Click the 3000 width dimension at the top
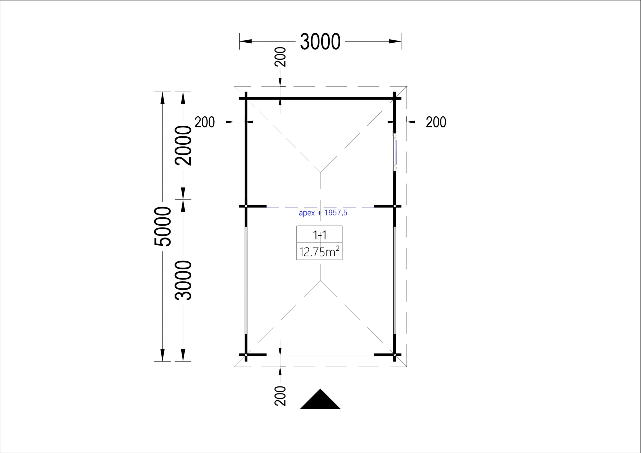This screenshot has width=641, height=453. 320,42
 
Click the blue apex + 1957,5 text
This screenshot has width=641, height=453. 323,213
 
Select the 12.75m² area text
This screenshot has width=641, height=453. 319,252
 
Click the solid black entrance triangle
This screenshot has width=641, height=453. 320,399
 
